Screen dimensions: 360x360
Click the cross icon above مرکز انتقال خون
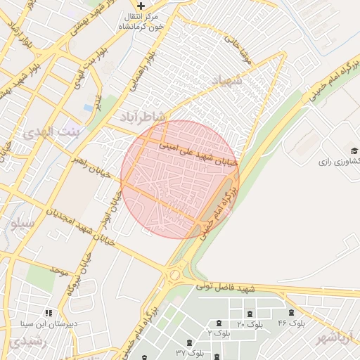[141, 5]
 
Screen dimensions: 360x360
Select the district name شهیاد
[226, 82]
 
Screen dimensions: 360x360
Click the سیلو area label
[22, 224]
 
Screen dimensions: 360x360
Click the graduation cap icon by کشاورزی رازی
[354, 150]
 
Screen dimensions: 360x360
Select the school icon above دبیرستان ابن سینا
[48, 313]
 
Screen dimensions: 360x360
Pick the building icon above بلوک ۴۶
[290, 312]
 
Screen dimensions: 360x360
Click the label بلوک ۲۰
[250, 324]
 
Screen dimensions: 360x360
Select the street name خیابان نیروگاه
[79, 274]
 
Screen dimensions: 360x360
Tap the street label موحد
[58, 270]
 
